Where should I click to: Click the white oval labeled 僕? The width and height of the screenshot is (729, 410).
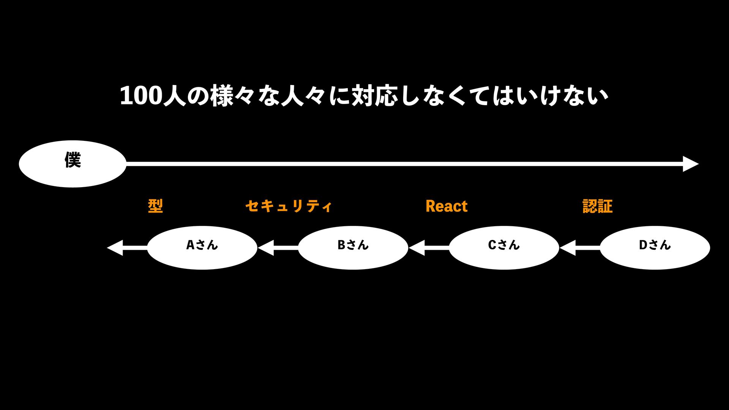(72, 164)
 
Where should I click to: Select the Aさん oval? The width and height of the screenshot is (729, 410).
(202, 248)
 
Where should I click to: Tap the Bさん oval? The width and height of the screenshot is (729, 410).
(353, 248)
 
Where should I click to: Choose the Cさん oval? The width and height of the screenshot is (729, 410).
(503, 248)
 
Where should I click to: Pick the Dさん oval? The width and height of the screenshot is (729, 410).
(655, 248)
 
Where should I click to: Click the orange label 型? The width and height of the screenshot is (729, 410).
(155, 206)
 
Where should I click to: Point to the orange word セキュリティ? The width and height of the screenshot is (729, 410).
(289, 206)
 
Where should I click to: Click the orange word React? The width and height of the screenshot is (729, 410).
(447, 206)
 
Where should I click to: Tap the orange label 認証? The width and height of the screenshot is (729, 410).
(597, 206)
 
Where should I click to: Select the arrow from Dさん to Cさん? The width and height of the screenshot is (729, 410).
(580, 248)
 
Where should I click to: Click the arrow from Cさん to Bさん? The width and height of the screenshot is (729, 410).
(429, 248)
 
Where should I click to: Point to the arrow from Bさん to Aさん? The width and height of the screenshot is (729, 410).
(278, 248)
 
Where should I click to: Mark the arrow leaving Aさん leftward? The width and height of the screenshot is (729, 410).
(127, 248)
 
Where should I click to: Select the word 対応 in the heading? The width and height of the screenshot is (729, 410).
(374, 96)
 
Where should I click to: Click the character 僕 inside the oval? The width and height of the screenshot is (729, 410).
(73, 160)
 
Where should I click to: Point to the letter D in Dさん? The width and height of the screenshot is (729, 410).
(643, 245)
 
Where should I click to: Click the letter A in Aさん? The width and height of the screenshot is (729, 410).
(190, 245)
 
